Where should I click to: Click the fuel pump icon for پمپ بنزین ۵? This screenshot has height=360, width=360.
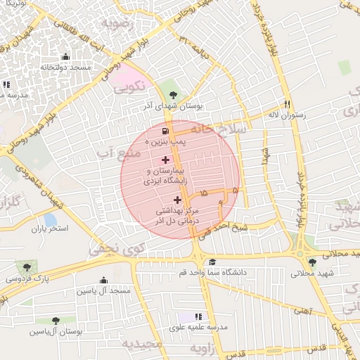point(165,131)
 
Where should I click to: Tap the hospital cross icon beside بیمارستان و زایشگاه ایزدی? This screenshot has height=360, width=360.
point(165,160)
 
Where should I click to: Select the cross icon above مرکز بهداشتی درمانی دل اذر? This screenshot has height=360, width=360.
point(176,200)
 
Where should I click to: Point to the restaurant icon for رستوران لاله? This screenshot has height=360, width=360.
point(287,103)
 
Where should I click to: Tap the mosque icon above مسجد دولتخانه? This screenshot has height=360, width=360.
point(65,57)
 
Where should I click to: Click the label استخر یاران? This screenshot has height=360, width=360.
point(49,229)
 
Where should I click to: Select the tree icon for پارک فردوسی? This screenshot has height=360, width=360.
point(27,267)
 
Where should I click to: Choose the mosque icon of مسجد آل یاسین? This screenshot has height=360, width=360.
point(104,280)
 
